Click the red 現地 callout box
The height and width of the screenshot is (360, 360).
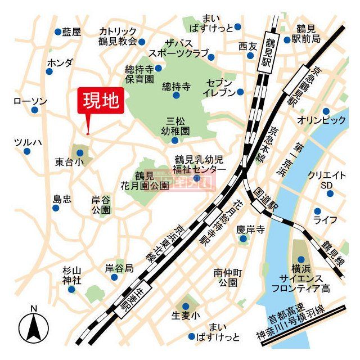pos(101,101)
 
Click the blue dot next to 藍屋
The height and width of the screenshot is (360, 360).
pos(57,32)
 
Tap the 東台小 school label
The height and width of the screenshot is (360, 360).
pos(69,162)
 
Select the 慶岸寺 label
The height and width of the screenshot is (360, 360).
pos(250,229)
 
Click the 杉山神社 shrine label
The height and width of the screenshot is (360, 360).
pos(72,275)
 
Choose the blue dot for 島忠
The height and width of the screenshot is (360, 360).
pos(56,208)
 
